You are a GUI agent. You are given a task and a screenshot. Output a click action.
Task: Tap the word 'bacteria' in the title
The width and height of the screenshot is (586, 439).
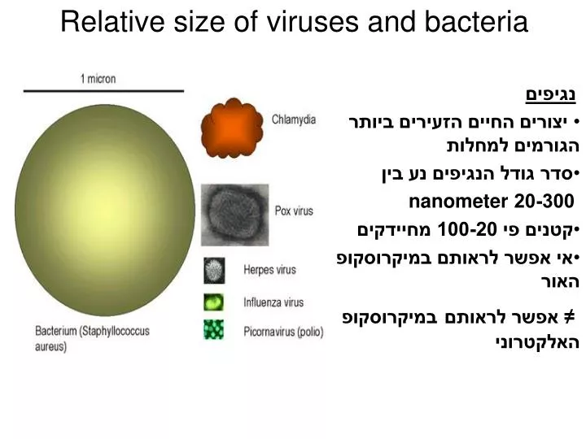474,22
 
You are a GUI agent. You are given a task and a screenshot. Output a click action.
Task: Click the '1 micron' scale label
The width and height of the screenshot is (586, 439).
98,79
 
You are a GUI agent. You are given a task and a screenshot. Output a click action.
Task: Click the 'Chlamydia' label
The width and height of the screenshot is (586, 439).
294,120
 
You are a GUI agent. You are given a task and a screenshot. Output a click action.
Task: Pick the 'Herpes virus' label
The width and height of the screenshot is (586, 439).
270,270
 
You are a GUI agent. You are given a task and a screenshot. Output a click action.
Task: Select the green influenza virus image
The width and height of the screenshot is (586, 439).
213,302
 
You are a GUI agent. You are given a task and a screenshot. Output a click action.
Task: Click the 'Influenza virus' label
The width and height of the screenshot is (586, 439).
274,302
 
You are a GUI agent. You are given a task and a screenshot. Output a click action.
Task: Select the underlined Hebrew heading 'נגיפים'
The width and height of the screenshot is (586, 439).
549,96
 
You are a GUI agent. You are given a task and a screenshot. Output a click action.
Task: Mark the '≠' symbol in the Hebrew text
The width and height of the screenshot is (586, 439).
571,314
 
